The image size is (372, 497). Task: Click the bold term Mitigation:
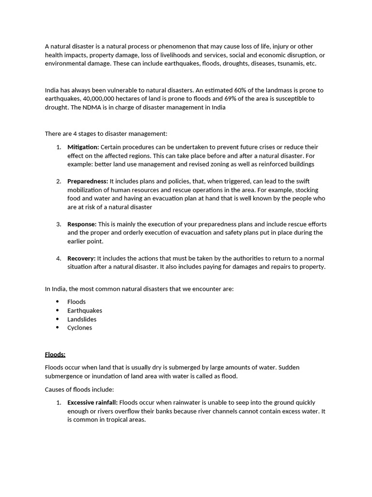click(x=83, y=147)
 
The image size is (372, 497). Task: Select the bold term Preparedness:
click(x=88, y=182)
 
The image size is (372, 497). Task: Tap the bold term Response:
click(x=82, y=224)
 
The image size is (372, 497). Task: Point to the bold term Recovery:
click(x=81, y=258)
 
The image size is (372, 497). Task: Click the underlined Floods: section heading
click(x=55, y=354)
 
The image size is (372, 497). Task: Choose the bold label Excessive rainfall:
click(x=93, y=402)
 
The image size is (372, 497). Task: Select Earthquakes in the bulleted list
click(x=85, y=311)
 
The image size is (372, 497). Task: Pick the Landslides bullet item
click(x=82, y=319)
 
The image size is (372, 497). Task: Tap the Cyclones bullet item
click(x=79, y=328)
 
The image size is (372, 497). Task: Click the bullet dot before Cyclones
click(x=58, y=328)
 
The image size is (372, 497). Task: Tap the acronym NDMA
click(x=84, y=107)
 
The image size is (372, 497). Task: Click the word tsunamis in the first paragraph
click(x=290, y=64)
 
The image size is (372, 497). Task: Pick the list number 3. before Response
click(x=58, y=224)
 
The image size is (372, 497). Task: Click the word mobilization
click(x=86, y=190)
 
